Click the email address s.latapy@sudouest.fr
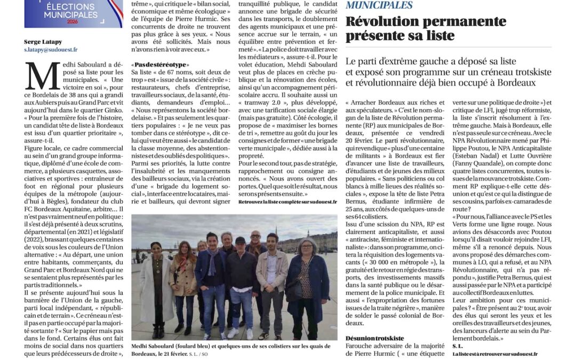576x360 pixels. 51,49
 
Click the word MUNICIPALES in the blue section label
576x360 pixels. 379,5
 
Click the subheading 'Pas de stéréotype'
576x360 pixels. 159,65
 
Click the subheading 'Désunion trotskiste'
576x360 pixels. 374,338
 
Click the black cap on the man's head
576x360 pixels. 240,240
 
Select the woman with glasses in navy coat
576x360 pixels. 307,283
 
